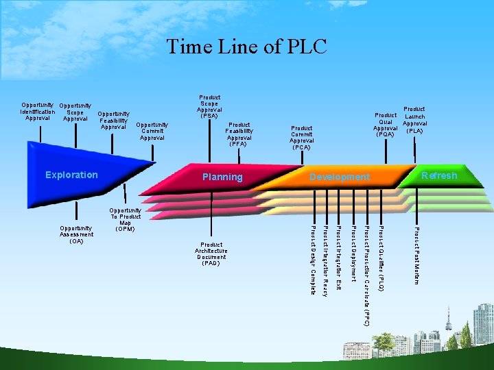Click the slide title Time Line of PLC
pyautogui.click(x=246, y=47)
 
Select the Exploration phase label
pyautogui.click(x=71, y=175)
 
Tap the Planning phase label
pyautogui.click(x=222, y=177)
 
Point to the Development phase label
pyautogui.click(x=339, y=177)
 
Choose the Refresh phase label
pyautogui.click(x=439, y=175)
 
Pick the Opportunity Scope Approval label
pyautogui.click(x=75, y=112)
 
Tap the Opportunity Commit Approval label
pyautogui.click(x=152, y=131)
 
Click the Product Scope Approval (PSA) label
pyautogui.click(x=209, y=107)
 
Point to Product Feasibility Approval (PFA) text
pyautogui.click(x=239, y=134)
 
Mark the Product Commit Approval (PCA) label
pyautogui.click(x=301, y=138)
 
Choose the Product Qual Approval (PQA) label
pyautogui.click(x=386, y=125)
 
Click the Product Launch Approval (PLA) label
pyautogui.click(x=414, y=119)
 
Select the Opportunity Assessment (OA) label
pyautogui.click(x=76, y=234)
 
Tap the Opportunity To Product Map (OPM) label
pyautogui.click(x=125, y=219)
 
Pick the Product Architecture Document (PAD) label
pyautogui.click(x=211, y=254)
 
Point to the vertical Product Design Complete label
pyautogui.click(x=314, y=260)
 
